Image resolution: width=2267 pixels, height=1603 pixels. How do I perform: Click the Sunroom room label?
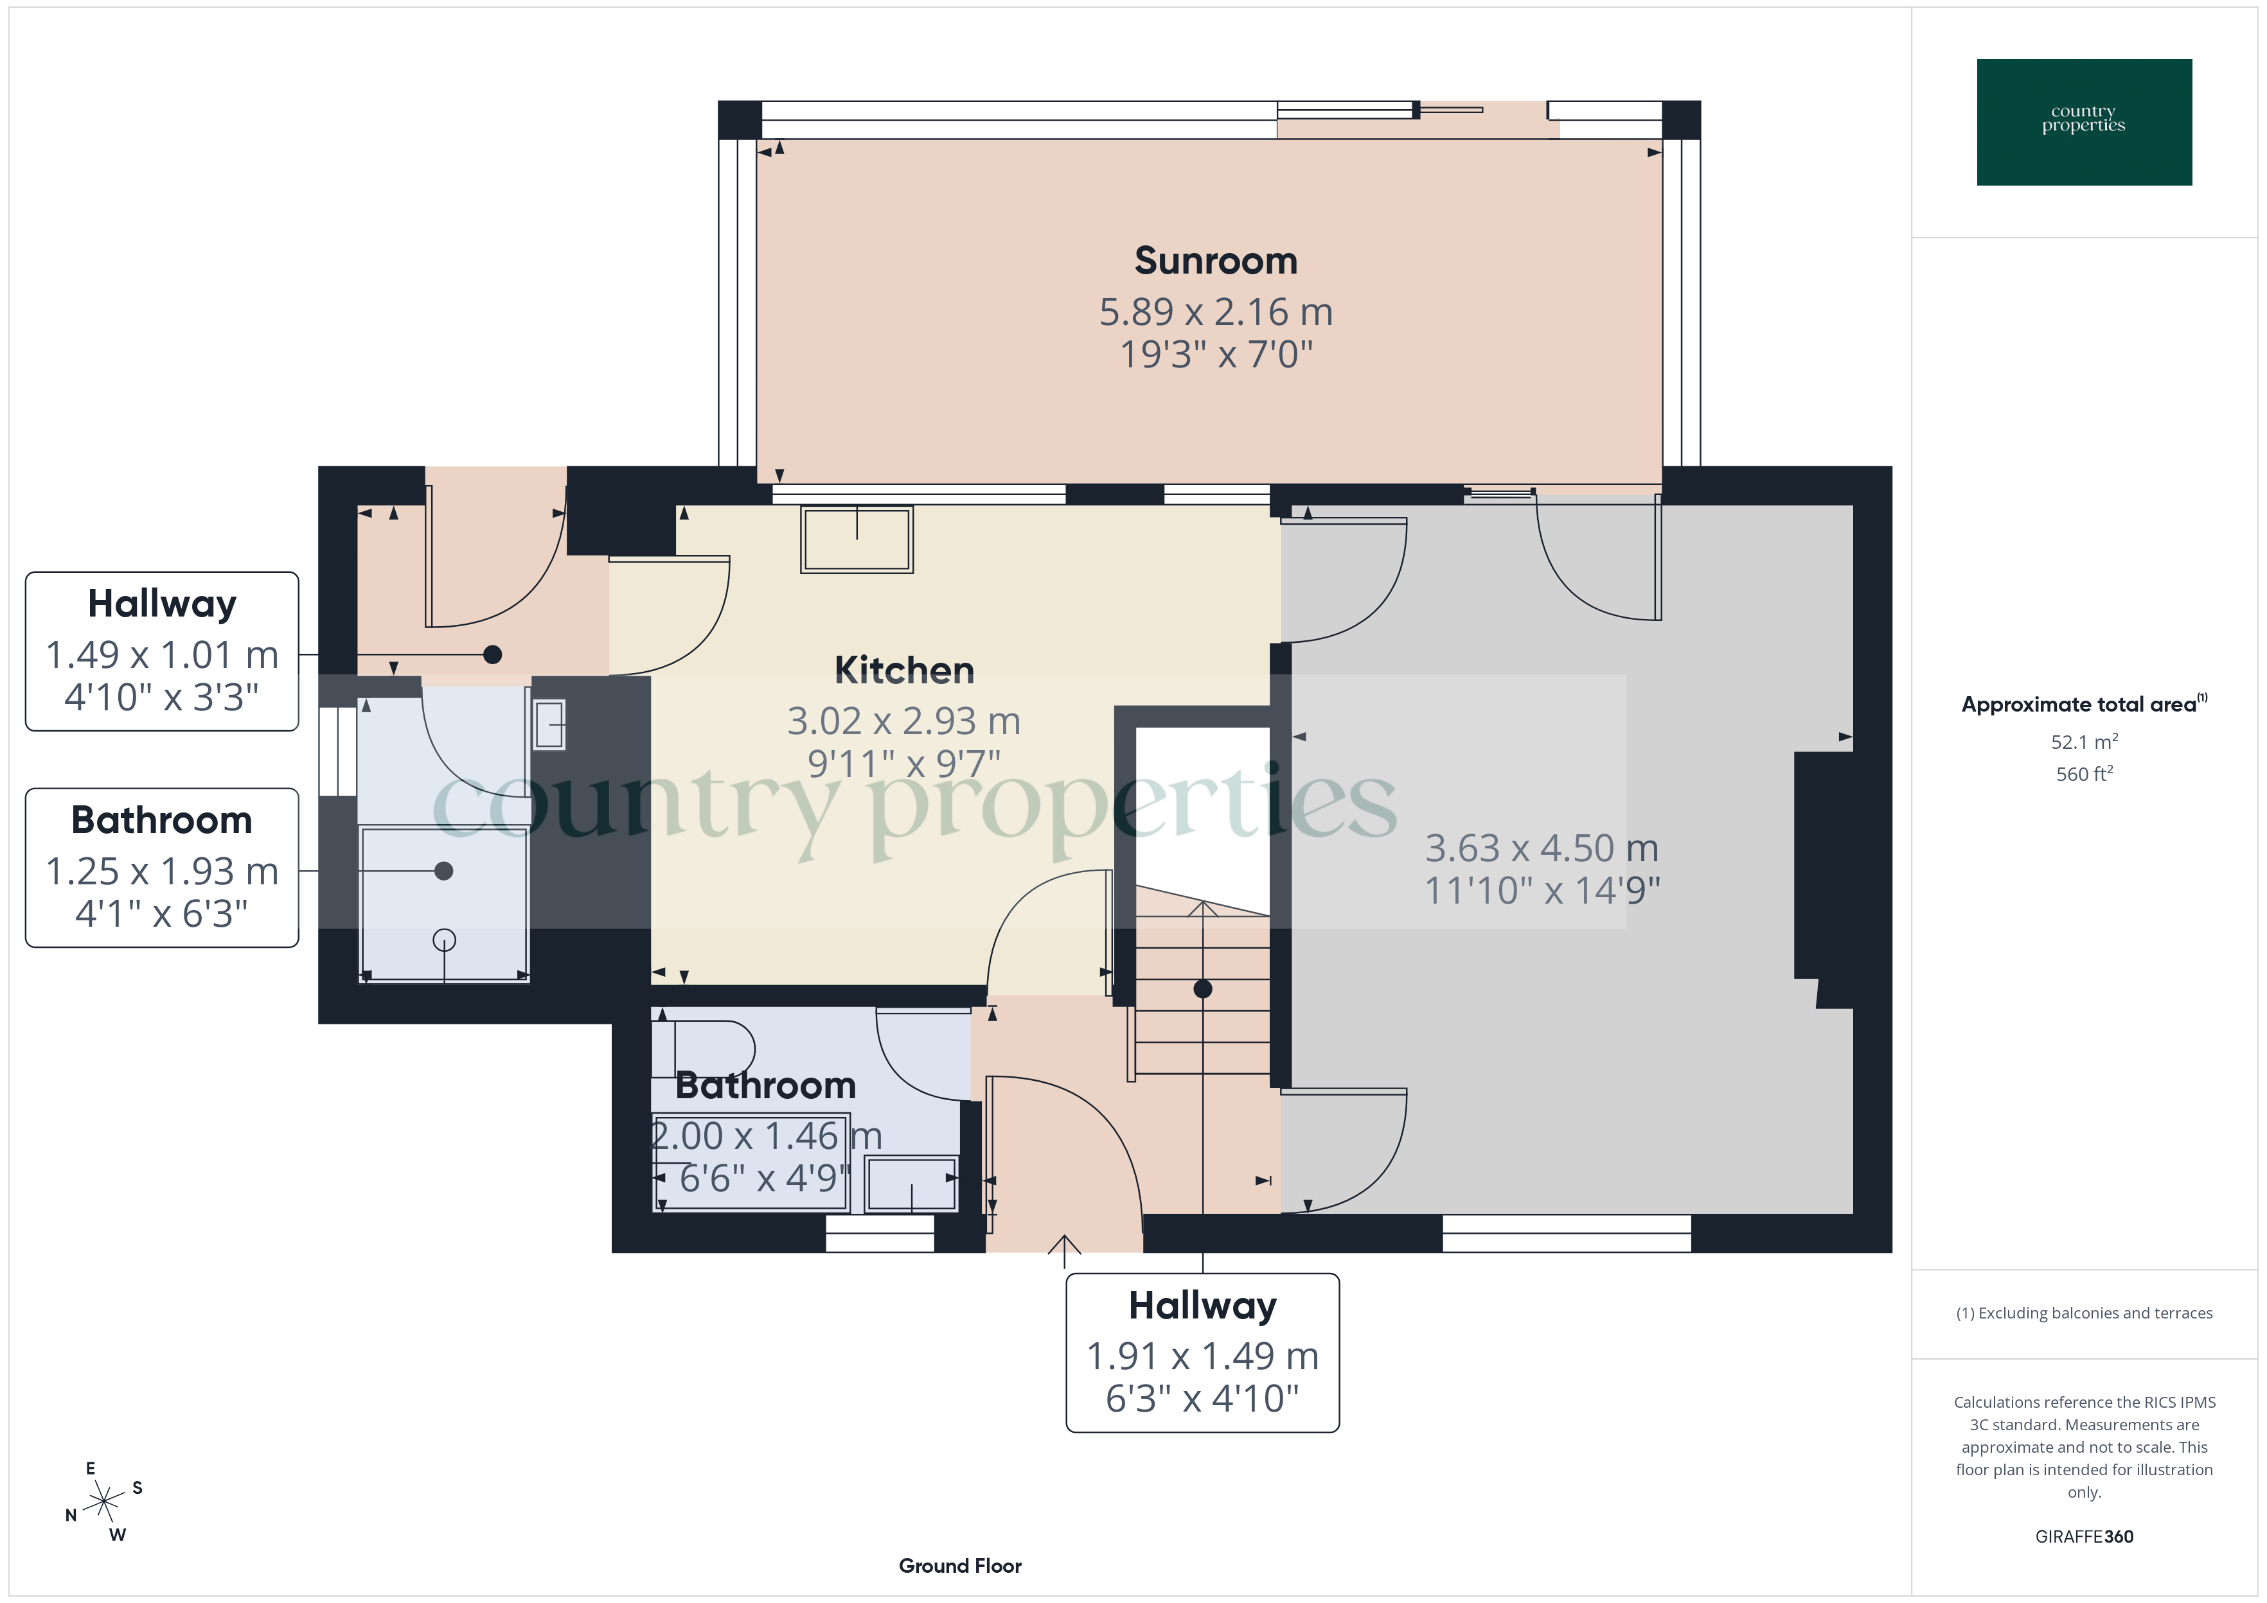pyautogui.click(x=1216, y=261)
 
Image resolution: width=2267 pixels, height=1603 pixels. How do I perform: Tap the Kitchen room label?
pyautogui.click(x=903, y=670)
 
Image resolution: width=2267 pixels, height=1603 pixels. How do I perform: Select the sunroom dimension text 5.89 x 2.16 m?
pyautogui.click(x=1216, y=312)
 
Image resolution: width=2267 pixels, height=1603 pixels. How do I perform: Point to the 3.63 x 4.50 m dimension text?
pyautogui.click(x=1542, y=848)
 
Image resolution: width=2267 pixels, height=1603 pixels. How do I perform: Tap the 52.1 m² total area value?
pyautogui.click(x=2083, y=741)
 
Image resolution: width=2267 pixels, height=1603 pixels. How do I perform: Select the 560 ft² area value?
pyautogui.click(x=2083, y=774)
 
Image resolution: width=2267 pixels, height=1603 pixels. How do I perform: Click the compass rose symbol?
pyautogui.click(x=103, y=1502)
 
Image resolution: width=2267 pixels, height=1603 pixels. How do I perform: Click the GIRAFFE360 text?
pyautogui.click(x=2083, y=1536)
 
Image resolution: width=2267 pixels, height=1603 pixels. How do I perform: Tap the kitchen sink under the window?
pyautogui.click(x=856, y=539)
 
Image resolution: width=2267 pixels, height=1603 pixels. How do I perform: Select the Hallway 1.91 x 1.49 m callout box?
pyautogui.click(x=1202, y=1353)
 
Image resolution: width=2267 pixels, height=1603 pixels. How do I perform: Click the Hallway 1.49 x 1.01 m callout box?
pyautogui.click(x=162, y=651)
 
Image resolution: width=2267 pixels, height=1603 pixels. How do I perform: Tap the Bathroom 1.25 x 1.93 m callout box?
pyautogui.click(x=162, y=868)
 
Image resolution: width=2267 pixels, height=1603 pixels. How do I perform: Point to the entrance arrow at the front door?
pyautogui.click(x=1063, y=1250)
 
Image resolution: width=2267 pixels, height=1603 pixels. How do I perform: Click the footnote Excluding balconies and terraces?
pyautogui.click(x=2083, y=1313)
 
